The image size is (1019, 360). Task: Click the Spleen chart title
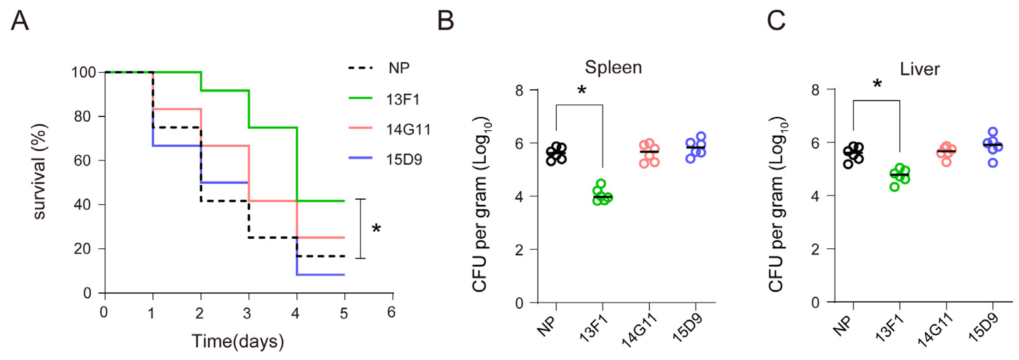tap(613, 67)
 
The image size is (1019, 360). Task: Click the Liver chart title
tap(920, 69)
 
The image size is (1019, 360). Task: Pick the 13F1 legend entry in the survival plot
tap(402, 99)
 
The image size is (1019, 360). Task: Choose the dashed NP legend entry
tap(398, 68)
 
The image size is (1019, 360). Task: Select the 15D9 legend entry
tap(404, 159)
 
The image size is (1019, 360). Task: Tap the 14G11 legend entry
tap(408, 129)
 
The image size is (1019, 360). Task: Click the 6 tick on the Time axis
tap(391, 313)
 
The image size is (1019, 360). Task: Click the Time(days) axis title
tap(238, 341)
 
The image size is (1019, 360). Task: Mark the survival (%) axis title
tap(40, 172)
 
